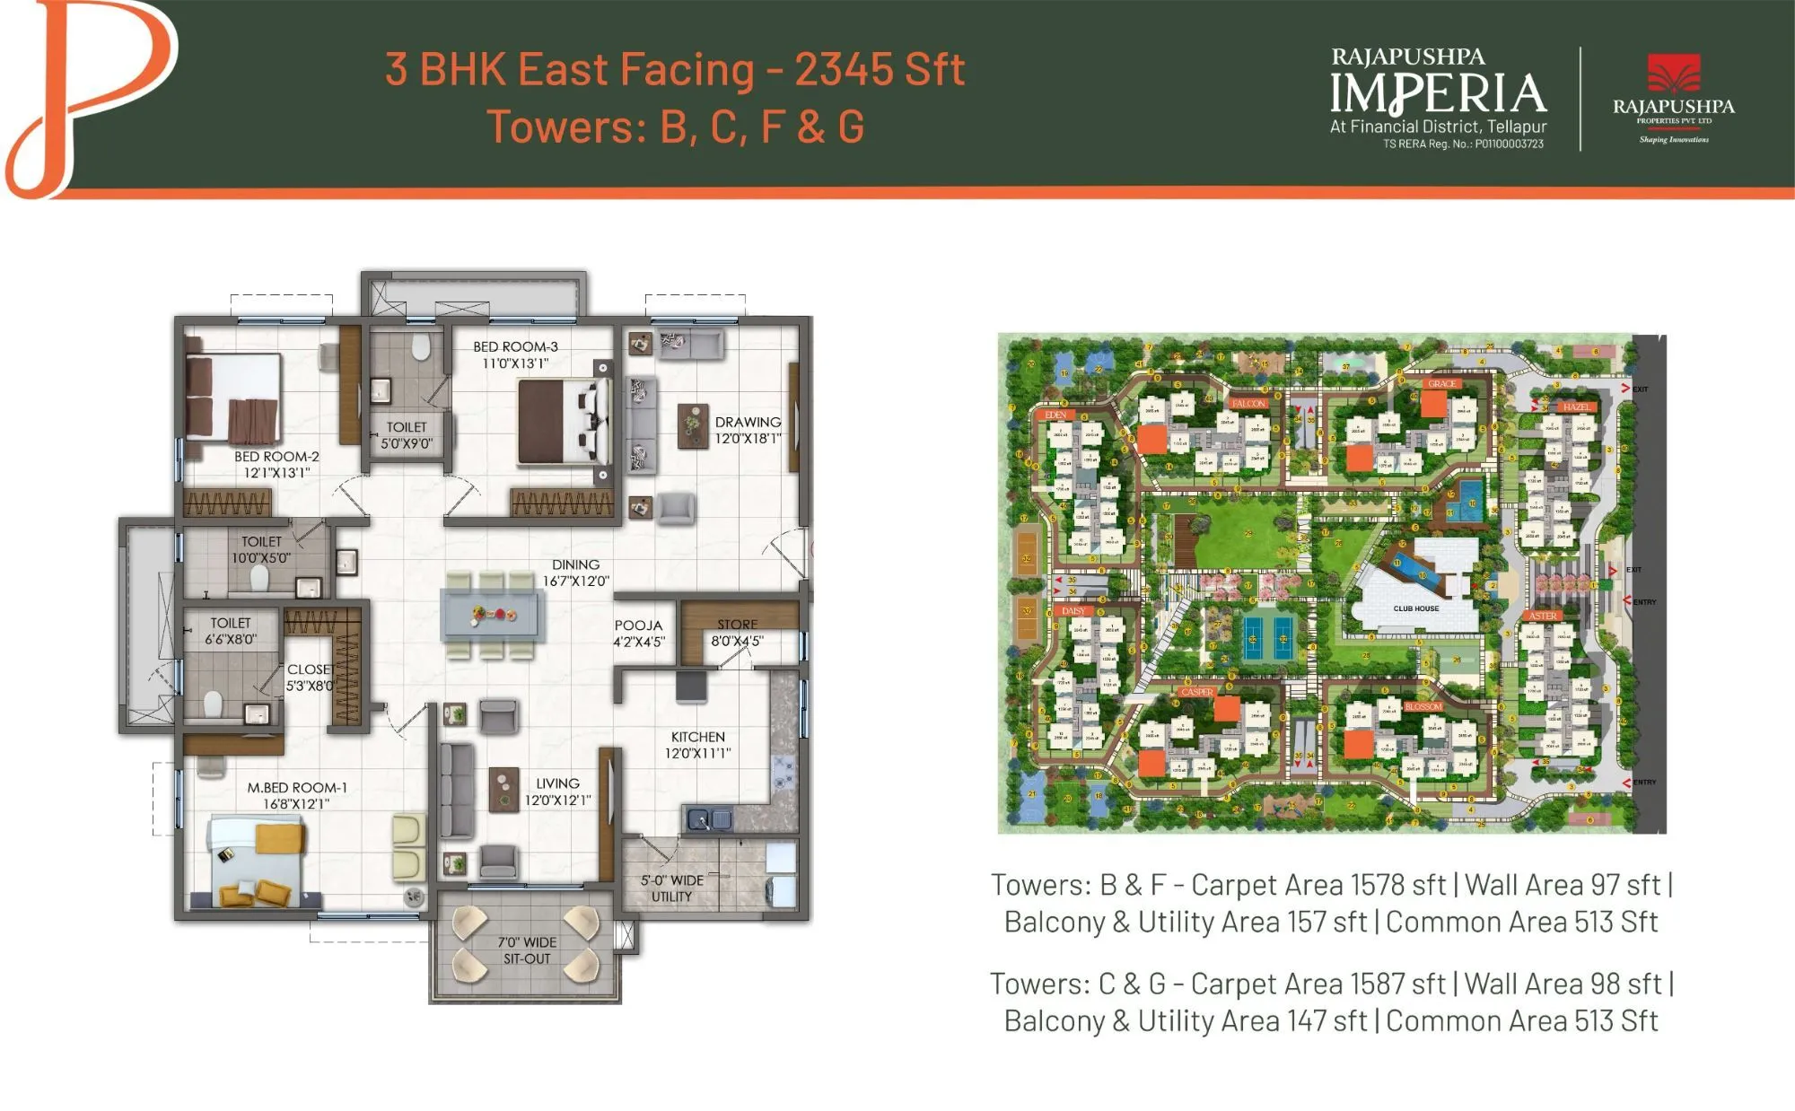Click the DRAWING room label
coord(747,422)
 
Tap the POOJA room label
coord(638,625)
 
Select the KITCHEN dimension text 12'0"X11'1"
coord(697,753)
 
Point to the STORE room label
coord(737,625)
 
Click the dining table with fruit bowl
coord(493,616)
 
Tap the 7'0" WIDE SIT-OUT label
coord(527,950)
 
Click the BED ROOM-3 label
coord(515,346)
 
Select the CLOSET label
coord(309,669)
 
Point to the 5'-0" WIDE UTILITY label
coord(671,888)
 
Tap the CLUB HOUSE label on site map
coord(1415,608)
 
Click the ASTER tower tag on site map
coord(1543,616)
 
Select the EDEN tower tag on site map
coord(1055,415)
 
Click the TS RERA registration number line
coord(1462,144)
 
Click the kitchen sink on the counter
coord(709,818)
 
